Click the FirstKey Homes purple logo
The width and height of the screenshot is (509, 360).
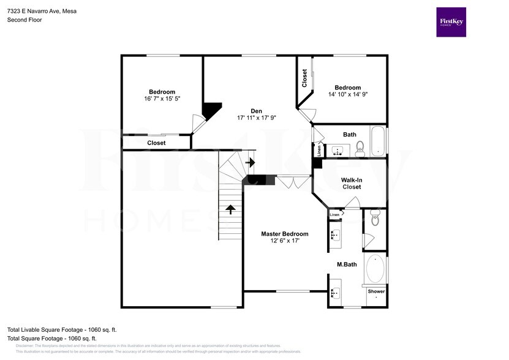[451, 22]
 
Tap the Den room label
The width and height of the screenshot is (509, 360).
[256, 111]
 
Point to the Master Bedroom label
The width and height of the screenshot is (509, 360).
[284, 234]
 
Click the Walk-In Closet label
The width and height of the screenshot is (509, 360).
[351, 183]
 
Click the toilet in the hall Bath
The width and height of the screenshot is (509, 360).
[360, 146]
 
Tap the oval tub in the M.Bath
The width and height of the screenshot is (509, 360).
[375, 268]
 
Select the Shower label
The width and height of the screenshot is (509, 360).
[376, 291]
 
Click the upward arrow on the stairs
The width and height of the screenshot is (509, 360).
[230, 210]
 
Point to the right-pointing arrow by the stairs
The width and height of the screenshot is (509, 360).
[250, 162]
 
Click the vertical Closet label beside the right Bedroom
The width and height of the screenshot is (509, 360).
[304, 78]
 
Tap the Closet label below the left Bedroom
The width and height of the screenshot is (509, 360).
[156, 143]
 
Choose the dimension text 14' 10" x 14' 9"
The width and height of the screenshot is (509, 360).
[347, 95]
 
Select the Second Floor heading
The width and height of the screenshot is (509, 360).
[25, 20]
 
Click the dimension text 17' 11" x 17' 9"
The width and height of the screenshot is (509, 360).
[256, 118]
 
